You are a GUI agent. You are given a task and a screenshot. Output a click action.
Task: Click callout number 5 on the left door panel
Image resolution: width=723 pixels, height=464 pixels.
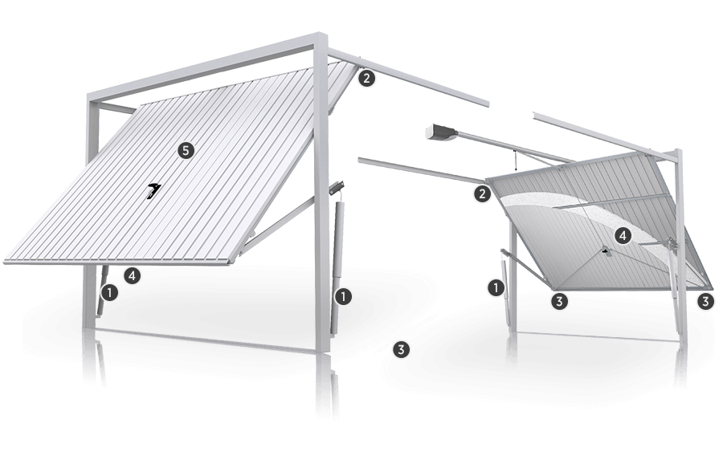click(186, 150)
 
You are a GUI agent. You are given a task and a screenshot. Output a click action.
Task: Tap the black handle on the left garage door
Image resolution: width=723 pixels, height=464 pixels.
click(153, 189)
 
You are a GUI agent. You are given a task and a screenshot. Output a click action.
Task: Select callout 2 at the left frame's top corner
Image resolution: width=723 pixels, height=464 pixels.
click(366, 78)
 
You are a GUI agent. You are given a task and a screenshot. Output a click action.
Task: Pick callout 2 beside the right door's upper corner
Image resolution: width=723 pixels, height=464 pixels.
click(482, 193)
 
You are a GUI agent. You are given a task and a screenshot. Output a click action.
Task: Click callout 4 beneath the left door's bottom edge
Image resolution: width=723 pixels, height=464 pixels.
click(133, 276)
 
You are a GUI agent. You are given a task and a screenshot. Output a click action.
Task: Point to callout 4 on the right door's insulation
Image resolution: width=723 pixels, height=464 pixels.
click(623, 236)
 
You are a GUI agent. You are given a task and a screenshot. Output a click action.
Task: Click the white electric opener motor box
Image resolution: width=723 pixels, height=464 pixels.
click(441, 132)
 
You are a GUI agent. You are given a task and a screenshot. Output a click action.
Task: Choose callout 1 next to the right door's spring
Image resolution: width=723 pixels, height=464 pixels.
click(496, 288)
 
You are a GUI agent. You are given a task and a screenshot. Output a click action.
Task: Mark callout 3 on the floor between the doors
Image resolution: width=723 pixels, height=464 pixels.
click(401, 349)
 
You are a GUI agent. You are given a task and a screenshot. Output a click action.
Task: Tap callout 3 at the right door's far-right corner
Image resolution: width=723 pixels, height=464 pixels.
click(705, 301)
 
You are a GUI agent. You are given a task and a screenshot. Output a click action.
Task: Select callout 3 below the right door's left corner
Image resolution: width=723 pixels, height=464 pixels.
click(559, 301)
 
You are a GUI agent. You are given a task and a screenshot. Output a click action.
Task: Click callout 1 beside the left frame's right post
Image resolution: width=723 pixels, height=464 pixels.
click(343, 296)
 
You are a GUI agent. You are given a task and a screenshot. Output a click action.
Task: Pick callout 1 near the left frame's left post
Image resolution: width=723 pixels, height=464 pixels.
click(110, 292)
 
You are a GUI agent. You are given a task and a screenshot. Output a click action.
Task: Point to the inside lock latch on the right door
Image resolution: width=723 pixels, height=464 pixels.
click(603, 251)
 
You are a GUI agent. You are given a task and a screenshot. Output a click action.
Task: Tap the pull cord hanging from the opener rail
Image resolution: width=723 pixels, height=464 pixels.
click(515, 161)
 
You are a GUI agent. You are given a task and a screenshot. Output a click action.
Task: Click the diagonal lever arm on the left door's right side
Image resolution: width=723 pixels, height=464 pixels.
click(276, 225)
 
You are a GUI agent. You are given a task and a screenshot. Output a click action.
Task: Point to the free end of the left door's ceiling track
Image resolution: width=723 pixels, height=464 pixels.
click(487, 102)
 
